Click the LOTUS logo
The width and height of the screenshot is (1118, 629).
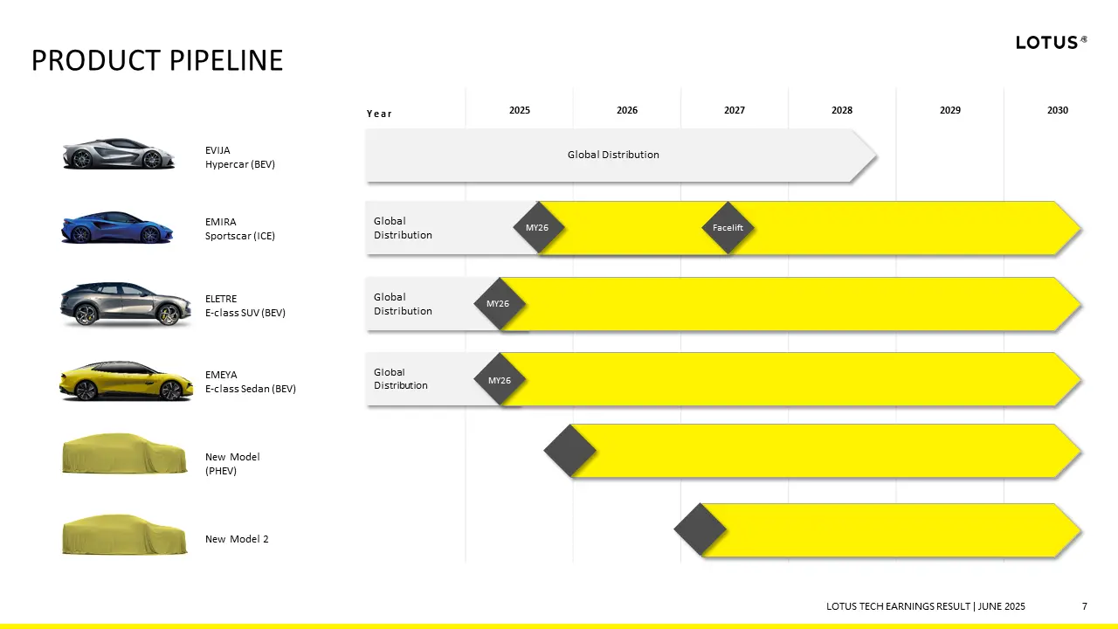[x=1051, y=43]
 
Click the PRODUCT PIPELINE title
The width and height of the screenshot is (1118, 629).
[x=157, y=60]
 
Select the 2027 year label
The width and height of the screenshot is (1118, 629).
[x=735, y=110]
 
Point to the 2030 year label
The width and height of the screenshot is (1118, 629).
[x=1057, y=110]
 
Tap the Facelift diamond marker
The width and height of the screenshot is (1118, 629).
[x=728, y=228]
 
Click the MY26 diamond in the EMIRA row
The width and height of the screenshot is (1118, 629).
[x=538, y=228]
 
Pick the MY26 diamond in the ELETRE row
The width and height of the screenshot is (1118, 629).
[x=499, y=303]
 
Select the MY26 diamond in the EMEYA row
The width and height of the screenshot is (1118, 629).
[x=499, y=380]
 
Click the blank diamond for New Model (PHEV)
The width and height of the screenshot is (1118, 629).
[x=570, y=451]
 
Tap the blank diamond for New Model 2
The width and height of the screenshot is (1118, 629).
[x=700, y=529]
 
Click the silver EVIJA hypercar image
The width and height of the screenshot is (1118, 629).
[x=119, y=153]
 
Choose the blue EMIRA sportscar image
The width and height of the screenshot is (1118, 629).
[x=117, y=227]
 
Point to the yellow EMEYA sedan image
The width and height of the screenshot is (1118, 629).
[x=126, y=381]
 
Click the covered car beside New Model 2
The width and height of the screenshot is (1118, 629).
[x=125, y=534]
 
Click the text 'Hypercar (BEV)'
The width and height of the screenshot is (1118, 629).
[x=240, y=164]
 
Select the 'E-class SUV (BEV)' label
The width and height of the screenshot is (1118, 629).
[x=245, y=313]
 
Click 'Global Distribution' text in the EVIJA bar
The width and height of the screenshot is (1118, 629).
[x=613, y=155]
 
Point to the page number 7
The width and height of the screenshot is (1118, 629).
[x=1084, y=606]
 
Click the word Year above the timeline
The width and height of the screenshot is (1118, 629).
[x=379, y=114]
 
